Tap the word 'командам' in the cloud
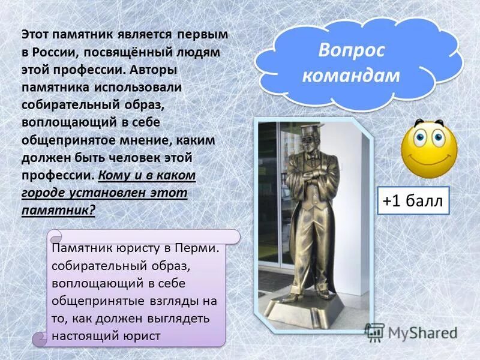pyautogui.click(x=351, y=75)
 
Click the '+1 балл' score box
pyautogui.click(x=413, y=201)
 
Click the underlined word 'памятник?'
pyautogui.click(x=58, y=210)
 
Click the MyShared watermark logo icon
pyautogui.click(x=374, y=332)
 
